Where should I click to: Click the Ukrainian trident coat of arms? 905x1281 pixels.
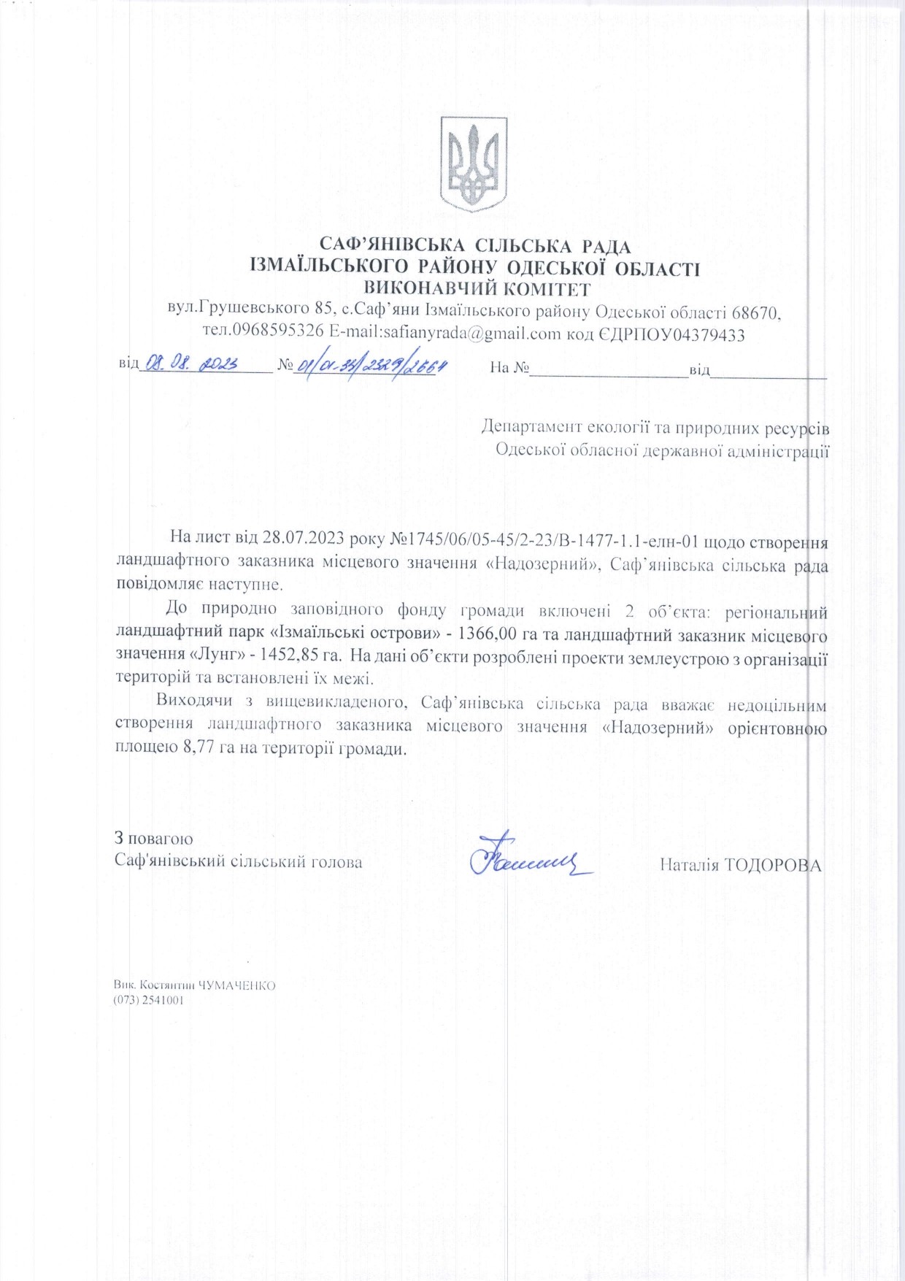(x=474, y=164)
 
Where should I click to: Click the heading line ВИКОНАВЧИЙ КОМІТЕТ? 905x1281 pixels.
(x=477, y=289)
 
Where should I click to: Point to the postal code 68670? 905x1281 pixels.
(x=755, y=313)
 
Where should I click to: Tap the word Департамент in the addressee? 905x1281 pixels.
(x=531, y=427)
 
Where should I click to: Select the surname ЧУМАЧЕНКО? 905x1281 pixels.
(x=237, y=985)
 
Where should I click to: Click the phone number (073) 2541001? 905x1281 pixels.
(x=148, y=1000)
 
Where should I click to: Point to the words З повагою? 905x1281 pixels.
(x=153, y=839)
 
